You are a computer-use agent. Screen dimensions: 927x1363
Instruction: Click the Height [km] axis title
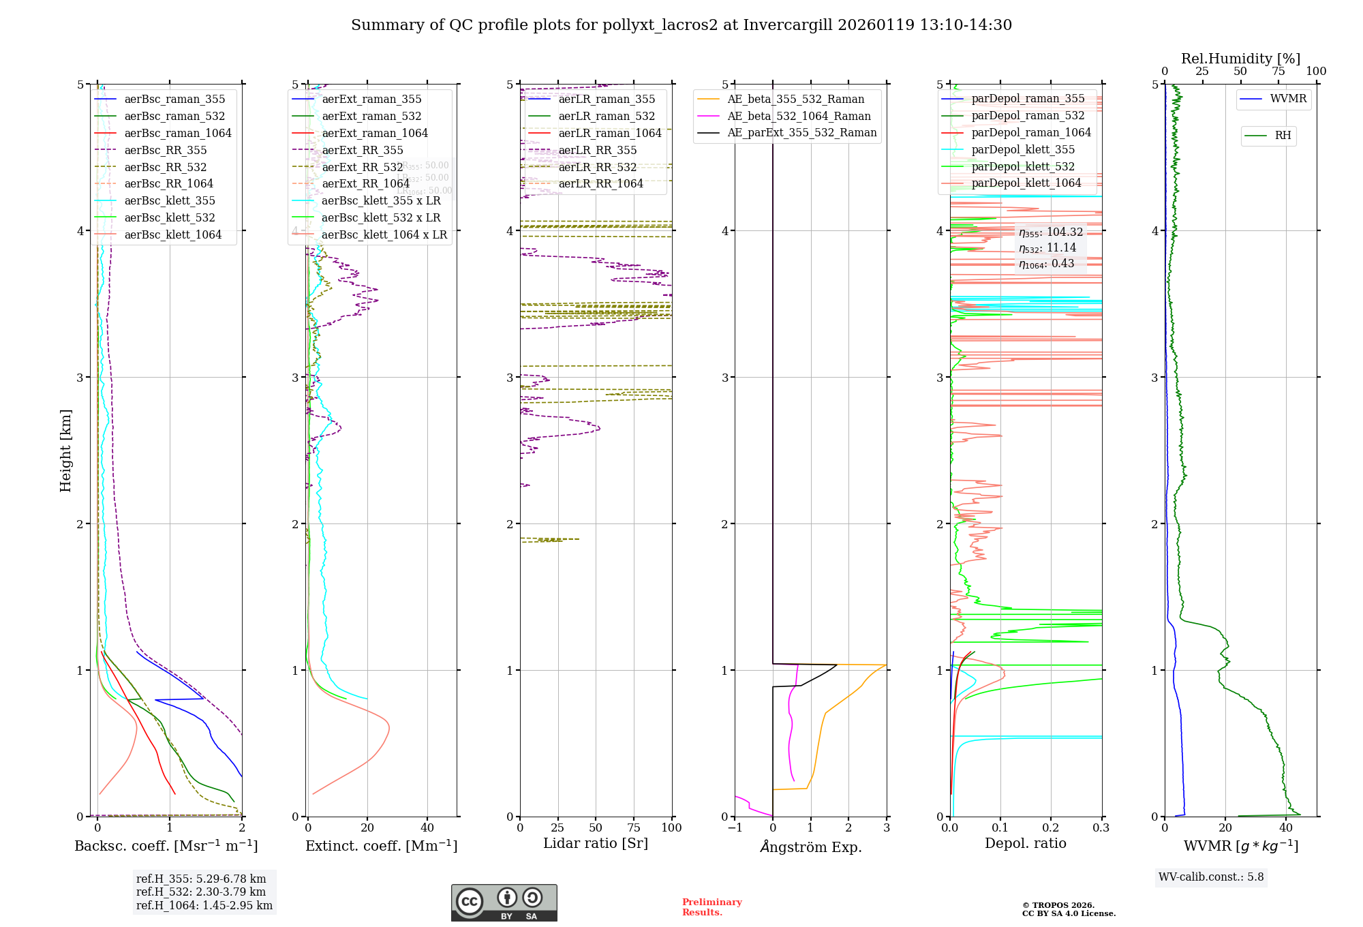[65, 451]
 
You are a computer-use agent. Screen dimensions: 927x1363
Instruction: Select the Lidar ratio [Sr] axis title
[595, 843]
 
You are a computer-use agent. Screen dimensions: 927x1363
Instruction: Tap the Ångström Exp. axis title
[810, 847]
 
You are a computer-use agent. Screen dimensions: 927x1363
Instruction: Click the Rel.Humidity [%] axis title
[1240, 59]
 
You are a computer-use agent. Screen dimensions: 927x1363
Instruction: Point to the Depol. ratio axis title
[1025, 843]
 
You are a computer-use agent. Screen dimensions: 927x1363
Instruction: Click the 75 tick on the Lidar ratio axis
[634, 827]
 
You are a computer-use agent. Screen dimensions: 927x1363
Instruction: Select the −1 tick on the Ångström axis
[735, 827]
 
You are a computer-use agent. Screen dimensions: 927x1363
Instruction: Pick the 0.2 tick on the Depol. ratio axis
[1051, 827]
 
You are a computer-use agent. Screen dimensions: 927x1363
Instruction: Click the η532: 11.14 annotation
[1047, 248]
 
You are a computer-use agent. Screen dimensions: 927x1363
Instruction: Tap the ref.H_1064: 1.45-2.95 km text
[204, 905]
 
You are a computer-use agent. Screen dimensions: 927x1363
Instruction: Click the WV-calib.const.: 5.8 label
[1211, 877]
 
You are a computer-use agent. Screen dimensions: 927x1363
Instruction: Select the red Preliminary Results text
[711, 907]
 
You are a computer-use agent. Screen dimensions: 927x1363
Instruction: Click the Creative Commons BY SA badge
[504, 902]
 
